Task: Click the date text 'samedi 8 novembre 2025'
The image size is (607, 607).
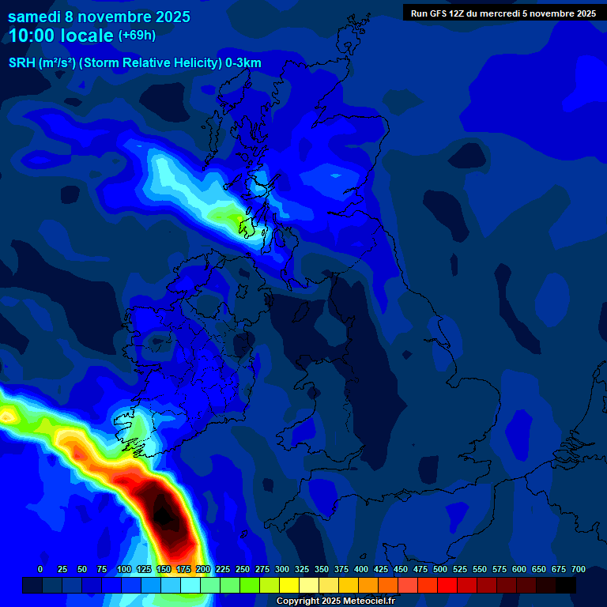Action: (99, 16)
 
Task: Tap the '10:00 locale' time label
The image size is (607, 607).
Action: (62, 36)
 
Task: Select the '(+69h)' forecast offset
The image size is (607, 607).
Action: (137, 36)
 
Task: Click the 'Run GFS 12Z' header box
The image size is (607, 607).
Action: (503, 13)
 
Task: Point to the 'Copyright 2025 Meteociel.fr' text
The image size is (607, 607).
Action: (335, 601)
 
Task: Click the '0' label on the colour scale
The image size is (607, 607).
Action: (40, 569)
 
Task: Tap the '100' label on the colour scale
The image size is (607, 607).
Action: (124, 569)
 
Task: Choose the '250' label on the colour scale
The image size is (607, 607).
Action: (243, 569)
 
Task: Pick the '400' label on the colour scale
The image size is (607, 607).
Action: (361, 569)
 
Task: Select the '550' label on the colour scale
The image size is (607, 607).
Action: (480, 569)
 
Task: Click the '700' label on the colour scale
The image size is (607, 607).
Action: (579, 569)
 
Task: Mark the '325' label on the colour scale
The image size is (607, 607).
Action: (302, 569)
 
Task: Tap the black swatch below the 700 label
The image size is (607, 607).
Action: (566, 585)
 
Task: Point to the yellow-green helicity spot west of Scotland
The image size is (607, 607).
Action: (236, 217)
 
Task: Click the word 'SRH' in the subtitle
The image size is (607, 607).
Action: (22, 63)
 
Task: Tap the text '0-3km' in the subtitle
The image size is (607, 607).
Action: (243, 63)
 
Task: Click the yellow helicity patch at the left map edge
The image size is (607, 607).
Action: (7, 415)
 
